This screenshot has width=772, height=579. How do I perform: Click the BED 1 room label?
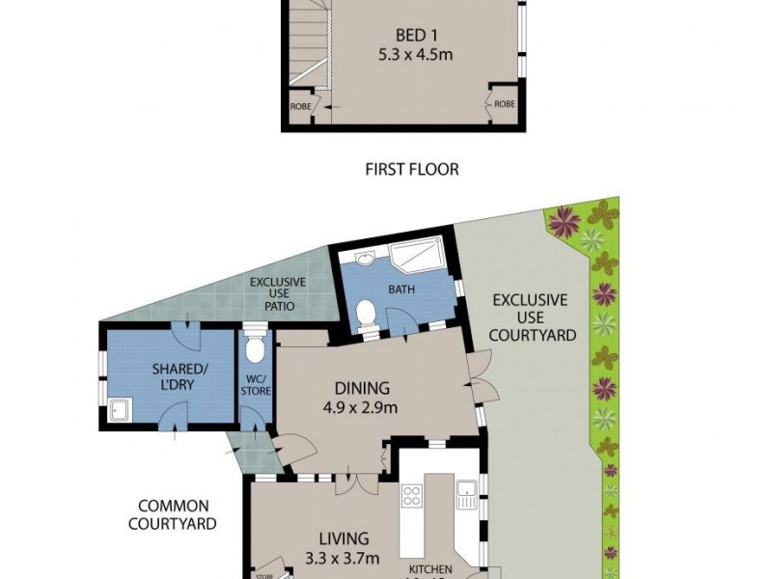coord(404,36)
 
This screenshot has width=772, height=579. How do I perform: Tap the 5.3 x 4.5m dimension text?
coord(404,55)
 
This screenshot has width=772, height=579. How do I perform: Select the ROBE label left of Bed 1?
coord(300,106)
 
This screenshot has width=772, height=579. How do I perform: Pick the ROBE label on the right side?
coord(504,103)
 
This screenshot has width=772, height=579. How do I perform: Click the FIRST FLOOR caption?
coord(411,169)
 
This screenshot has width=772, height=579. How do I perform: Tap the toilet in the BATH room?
coord(367,315)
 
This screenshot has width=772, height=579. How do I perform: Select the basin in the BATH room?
coord(365,258)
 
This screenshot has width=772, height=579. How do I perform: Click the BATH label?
coord(401,289)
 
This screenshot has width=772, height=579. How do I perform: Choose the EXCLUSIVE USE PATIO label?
coord(278,294)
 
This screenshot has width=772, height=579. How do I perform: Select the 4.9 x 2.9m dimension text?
coord(362,407)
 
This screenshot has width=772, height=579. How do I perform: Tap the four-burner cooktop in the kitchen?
coord(411,496)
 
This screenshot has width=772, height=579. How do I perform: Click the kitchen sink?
coord(467,495)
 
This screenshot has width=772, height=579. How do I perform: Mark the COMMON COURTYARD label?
coord(178,514)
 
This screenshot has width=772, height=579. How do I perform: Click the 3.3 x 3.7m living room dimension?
coord(344,557)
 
